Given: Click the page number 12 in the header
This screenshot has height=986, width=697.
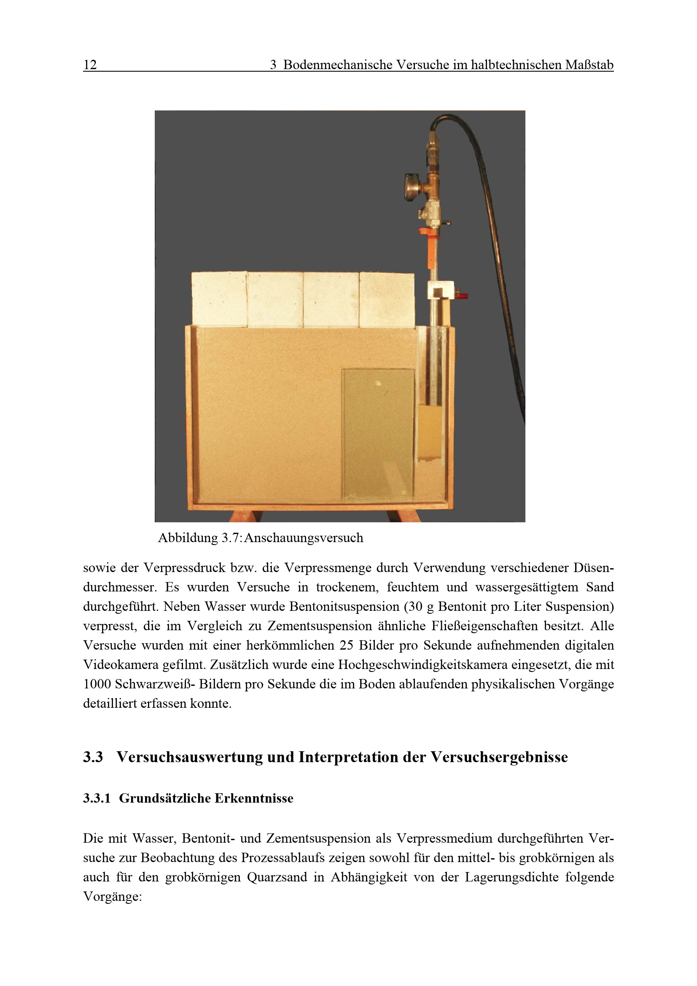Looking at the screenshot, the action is click(x=90, y=64).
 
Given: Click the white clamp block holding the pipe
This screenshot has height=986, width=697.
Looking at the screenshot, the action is click(x=441, y=290).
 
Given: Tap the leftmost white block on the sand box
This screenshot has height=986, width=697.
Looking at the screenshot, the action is click(x=219, y=299).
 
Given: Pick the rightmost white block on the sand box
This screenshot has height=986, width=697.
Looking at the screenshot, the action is click(x=387, y=300).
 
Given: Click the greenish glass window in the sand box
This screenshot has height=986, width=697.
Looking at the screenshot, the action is click(x=378, y=435).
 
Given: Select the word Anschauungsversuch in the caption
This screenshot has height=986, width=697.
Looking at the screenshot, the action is click(x=304, y=537).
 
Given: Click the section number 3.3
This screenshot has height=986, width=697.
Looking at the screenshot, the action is click(x=93, y=757).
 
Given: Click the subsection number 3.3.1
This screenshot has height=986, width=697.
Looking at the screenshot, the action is click(x=97, y=798).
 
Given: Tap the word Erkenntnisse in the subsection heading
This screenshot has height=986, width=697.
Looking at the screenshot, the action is click(x=254, y=798).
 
